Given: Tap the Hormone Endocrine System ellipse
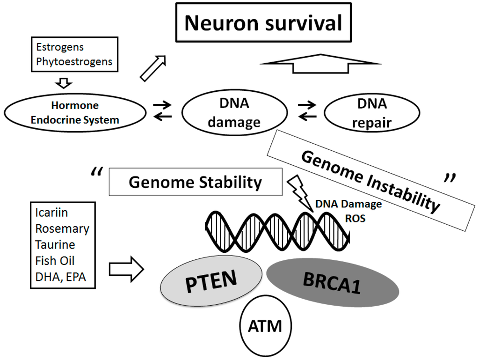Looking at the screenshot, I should (75, 113).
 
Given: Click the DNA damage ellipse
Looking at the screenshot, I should (234, 114).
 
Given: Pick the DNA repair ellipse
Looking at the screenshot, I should (363, 114).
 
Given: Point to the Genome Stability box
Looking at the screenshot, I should (195, 182).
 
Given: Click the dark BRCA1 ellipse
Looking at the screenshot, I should (333, 281).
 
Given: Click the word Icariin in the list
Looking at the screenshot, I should (51, 213).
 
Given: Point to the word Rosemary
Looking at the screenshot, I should (62, 229).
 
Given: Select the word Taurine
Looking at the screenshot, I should (55, 245).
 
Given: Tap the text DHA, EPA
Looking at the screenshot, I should (60, 277).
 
